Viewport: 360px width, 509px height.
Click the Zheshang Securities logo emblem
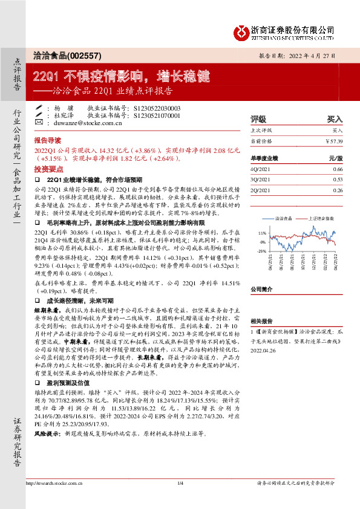click(x=243, y=31)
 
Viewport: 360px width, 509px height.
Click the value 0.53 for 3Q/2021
click(x=338, y=179)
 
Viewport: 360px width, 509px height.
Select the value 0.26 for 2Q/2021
click(x=338, y=189)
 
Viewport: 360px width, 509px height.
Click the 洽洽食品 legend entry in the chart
click(x=283, y=218)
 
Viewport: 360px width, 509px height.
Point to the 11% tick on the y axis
click(x=262, y=232)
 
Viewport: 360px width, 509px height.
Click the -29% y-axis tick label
click(x=261, y=250)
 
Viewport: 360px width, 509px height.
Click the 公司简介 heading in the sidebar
click(x=262, y=290)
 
